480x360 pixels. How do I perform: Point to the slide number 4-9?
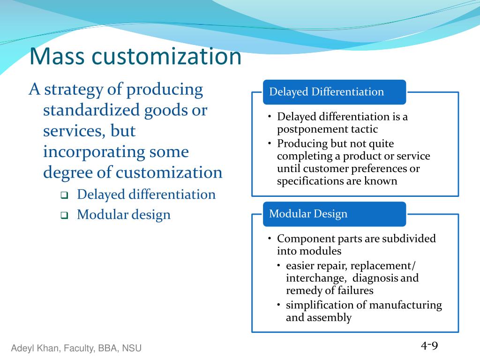[429, 346]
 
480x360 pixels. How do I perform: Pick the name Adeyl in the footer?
[22, 348]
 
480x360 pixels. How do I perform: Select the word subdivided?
[409, 239]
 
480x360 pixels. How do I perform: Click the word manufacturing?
[405, 305]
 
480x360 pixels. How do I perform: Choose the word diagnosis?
[375, 278]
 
